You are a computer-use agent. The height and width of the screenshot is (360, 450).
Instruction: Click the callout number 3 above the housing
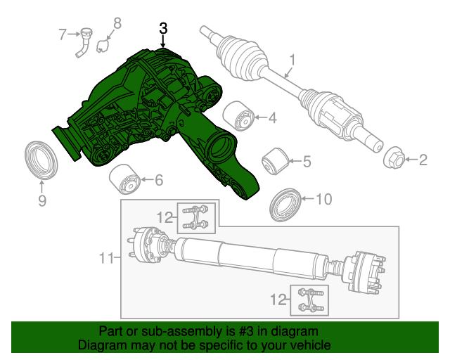coord(163,29)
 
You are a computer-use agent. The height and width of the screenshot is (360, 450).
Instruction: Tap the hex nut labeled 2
coord(394,160)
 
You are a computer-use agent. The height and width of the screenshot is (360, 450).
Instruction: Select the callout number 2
coord(423,161)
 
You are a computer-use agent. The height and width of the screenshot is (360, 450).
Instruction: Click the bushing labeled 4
coord(238,116)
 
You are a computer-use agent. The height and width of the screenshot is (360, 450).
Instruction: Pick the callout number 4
coord(271,117)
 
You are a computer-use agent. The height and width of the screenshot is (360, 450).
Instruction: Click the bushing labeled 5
coord(274,162)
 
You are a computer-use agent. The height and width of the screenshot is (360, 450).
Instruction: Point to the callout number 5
coord(306,162)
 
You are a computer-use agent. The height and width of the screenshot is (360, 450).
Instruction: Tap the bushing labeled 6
coord(124,181)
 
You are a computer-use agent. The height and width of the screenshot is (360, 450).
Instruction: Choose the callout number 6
coord(159,181)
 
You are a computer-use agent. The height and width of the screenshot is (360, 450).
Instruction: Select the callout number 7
coord(62,33)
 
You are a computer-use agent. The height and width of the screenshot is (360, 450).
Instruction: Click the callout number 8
coord(117,24)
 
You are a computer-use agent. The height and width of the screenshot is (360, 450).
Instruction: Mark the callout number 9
coord(41,202)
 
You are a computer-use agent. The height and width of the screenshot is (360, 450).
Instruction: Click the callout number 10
coord(323,200)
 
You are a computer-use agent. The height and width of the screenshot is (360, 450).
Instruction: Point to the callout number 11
coord(105,259)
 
